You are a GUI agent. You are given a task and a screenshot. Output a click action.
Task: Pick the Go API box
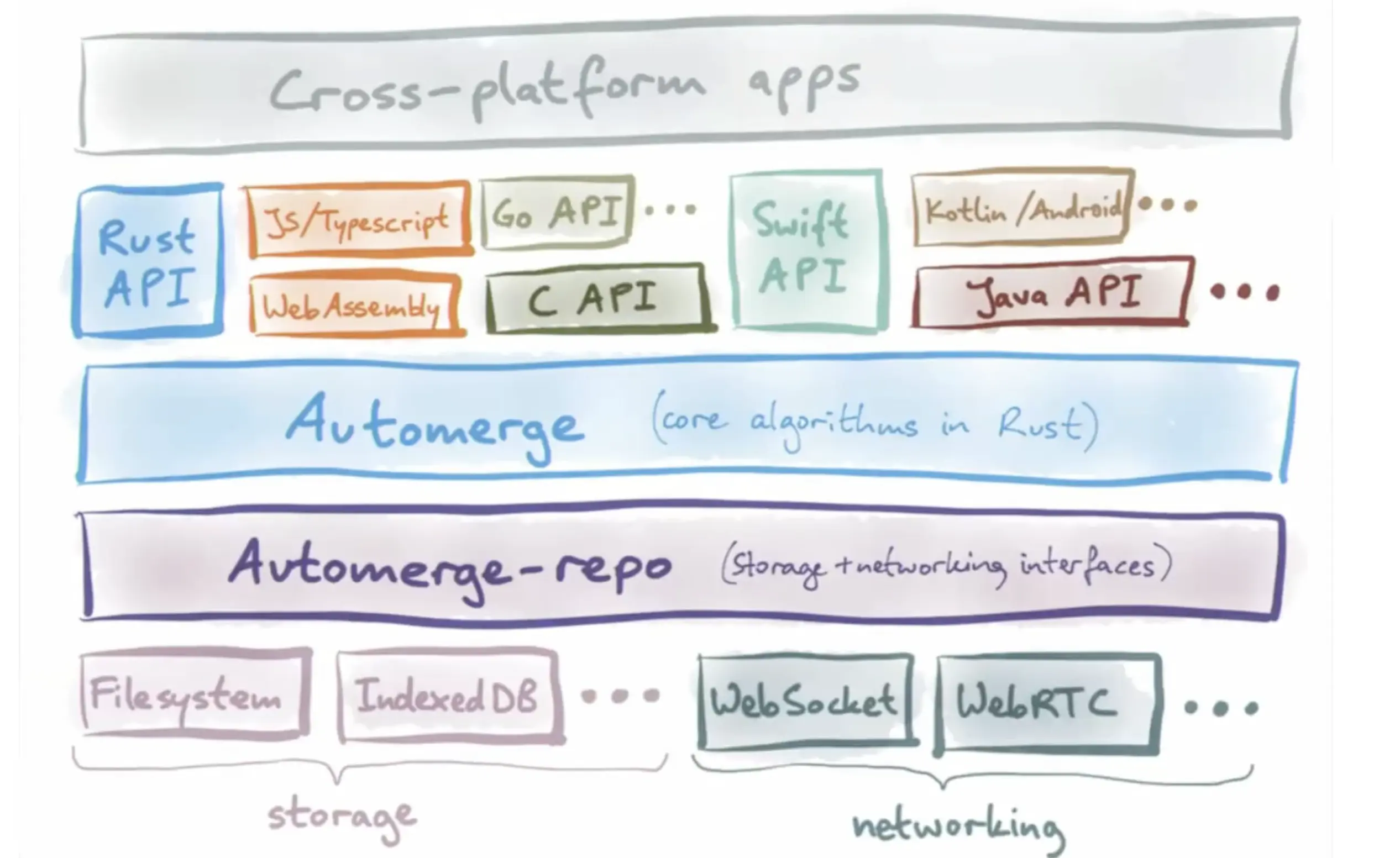click(557, 213)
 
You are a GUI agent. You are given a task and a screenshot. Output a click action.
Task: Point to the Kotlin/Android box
click(1022, 209)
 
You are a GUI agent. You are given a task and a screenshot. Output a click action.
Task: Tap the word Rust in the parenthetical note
click(1039, 424)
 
